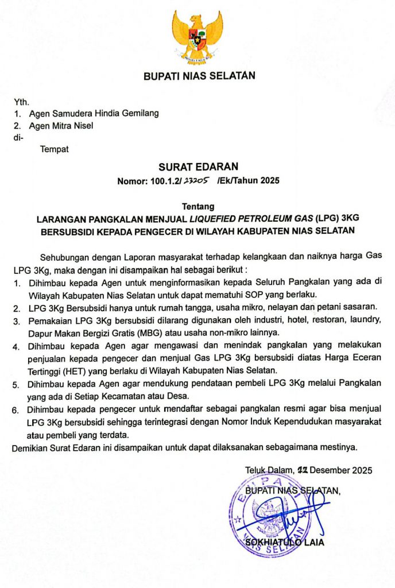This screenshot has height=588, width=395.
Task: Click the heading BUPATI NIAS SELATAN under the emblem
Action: (x=199, y=75)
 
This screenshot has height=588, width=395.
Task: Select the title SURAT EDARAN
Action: (x=197, y=167)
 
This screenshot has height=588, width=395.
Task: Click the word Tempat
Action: (x=54, y=149)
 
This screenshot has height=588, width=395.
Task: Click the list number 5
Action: (x=17, y=383)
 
